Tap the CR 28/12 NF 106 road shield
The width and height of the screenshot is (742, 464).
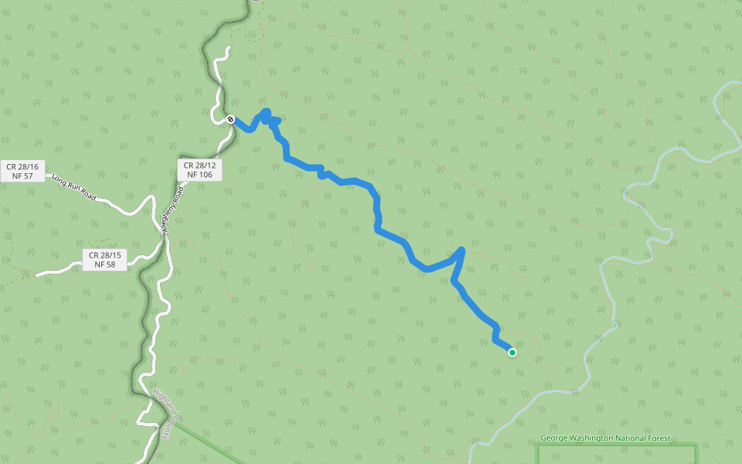(199, 170)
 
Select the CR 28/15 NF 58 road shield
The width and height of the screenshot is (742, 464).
(105, 260)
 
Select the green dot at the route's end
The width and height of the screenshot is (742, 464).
(512, 353)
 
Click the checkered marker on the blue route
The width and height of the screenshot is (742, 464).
(230, 119)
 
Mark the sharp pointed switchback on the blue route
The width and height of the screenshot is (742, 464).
(462, 249)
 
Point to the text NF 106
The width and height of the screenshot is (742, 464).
(199, 176)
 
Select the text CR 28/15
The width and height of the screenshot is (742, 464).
(105, 254)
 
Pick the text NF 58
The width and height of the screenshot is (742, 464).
(105, 264)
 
